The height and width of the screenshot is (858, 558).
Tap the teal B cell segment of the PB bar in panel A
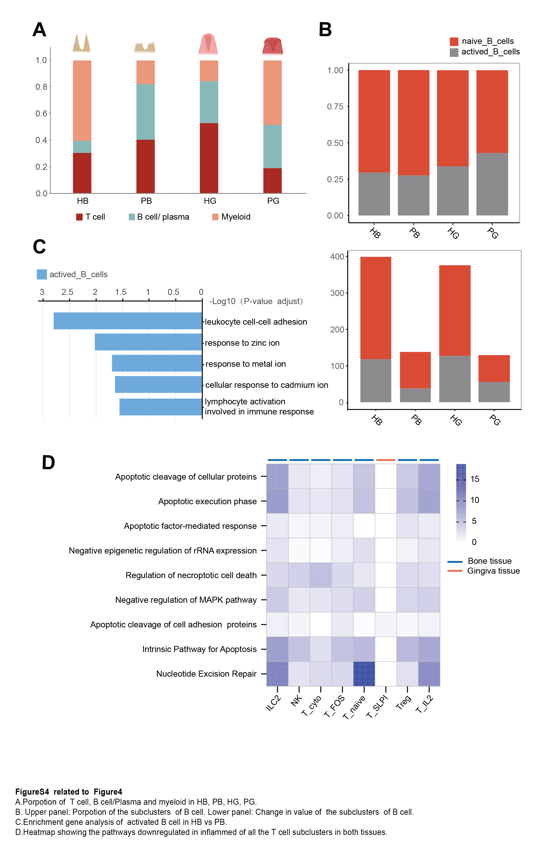tap(145, 112)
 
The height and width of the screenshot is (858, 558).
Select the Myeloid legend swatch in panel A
tap(215, 217)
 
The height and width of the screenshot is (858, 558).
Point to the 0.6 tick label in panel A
tap(41, 114)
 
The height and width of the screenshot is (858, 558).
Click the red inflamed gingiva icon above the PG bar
tap(273, 46)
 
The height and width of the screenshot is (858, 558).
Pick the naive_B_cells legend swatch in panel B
tap(454, 41)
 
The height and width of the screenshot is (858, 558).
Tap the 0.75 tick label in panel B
tap(335, 107)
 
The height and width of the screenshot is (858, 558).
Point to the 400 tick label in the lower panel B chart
tap(337, 257)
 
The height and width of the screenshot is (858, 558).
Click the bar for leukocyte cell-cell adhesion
tap(128, 321)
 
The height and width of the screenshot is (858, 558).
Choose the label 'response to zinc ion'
tap(242, 343)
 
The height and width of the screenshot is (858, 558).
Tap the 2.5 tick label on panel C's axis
tap(67, 292)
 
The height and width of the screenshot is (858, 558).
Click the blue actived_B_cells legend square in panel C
tap(42, 274)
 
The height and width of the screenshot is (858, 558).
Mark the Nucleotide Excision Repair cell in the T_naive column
tap(364, 674)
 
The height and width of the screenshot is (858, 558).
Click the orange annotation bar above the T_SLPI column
tap(385, 460)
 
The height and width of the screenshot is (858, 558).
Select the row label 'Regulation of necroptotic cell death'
tap(191, 575)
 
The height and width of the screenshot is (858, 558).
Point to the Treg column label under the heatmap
tap(403, 702)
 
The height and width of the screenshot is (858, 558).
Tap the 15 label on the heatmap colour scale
tap(475, 479)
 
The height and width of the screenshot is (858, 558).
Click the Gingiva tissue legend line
tap(455, 571)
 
